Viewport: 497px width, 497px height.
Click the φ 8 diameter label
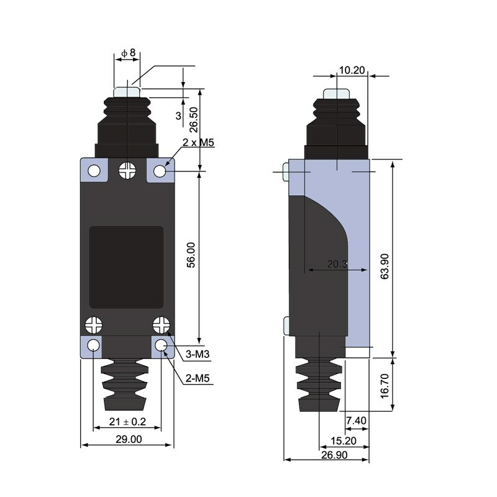[128, 53]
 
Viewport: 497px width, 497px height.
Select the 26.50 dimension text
[194, 119]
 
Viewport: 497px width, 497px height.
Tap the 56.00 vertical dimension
[191, 255]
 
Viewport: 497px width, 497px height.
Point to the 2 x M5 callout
[198, 144]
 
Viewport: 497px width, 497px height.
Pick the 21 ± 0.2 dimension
[127, 422]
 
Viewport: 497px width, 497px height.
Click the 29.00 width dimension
[128, 439]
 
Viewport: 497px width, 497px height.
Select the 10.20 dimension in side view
[352, 70]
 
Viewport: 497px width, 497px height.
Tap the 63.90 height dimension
[385, 266]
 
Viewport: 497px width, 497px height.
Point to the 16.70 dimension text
[385, 385]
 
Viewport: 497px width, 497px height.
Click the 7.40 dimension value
[356, 421]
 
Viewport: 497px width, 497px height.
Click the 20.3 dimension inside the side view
[337, 265]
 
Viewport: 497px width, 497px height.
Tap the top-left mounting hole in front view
[94, 171]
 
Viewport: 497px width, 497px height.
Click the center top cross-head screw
[128, 170]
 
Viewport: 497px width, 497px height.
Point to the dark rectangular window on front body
[127, 267]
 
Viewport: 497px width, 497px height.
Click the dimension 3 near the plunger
[178, 116]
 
